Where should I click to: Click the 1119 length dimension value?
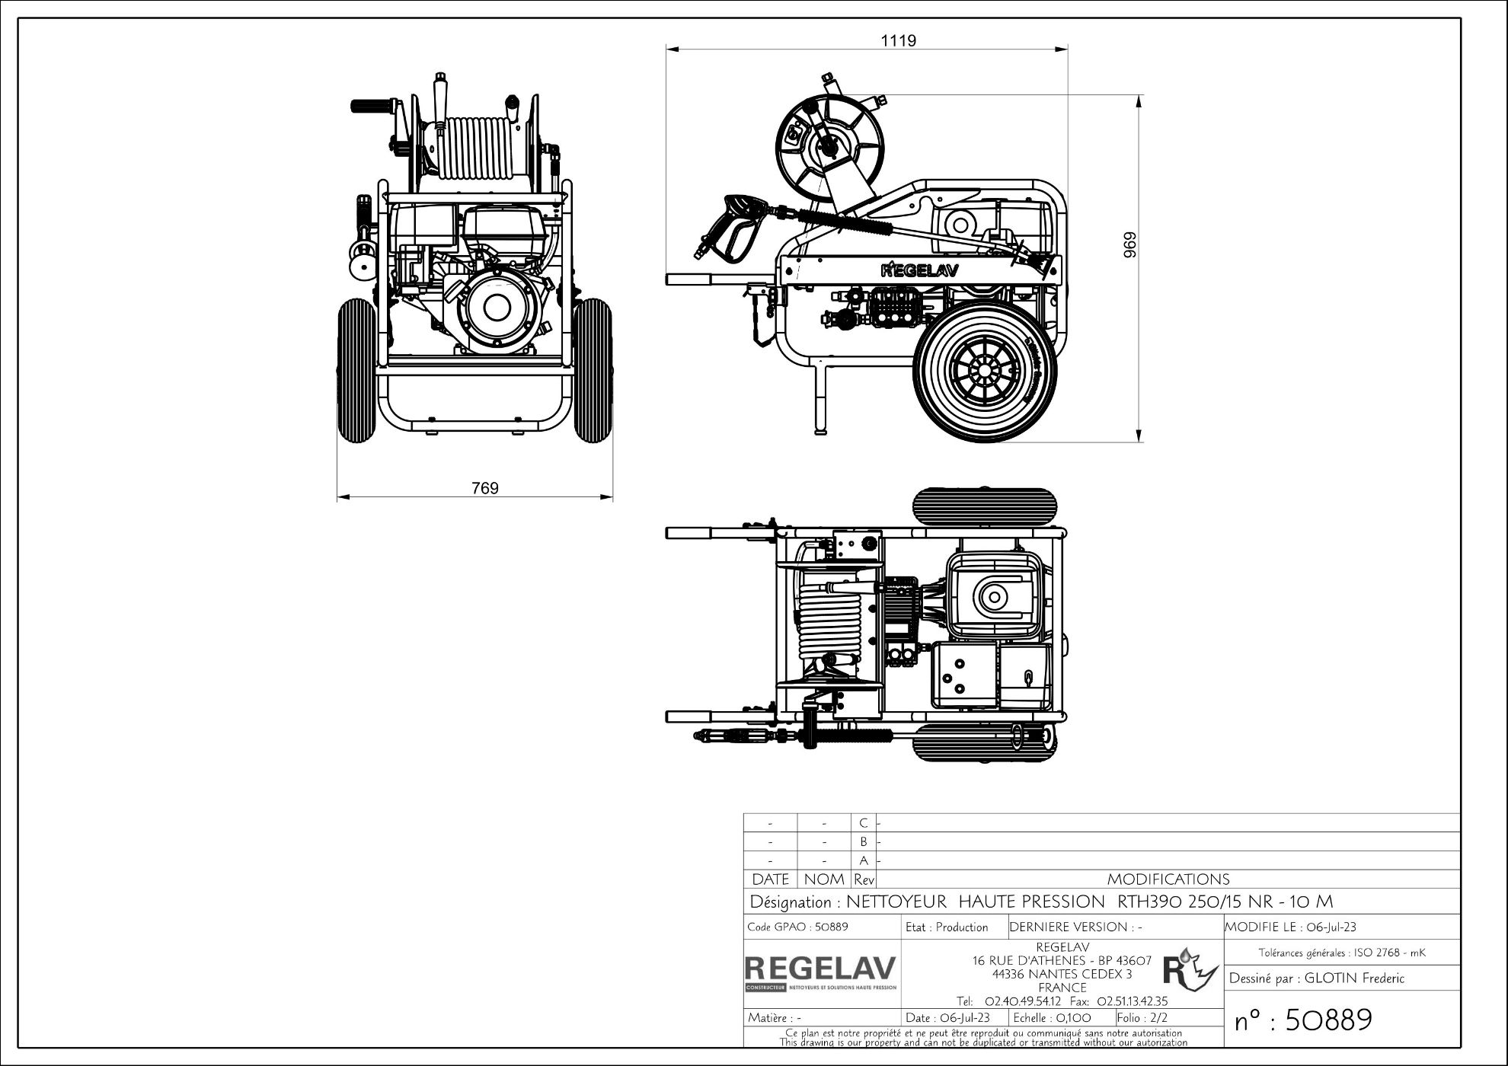point(899,40)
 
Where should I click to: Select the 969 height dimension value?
point(1130,244)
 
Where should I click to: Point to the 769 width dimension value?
point(485,488)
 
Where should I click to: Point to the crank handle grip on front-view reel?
point(369,106)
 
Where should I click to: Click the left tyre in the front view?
point(356,371)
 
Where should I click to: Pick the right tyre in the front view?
point(593,371)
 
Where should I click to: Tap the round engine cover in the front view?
point(497,308)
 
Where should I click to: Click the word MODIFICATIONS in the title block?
point(1168,879)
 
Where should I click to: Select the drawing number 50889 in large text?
point(1303,1020)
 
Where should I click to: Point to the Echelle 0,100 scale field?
point(1053,1018)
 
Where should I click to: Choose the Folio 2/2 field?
point(1142,1018)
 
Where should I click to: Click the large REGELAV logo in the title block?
point(821,969)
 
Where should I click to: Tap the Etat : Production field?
point(947,927)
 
